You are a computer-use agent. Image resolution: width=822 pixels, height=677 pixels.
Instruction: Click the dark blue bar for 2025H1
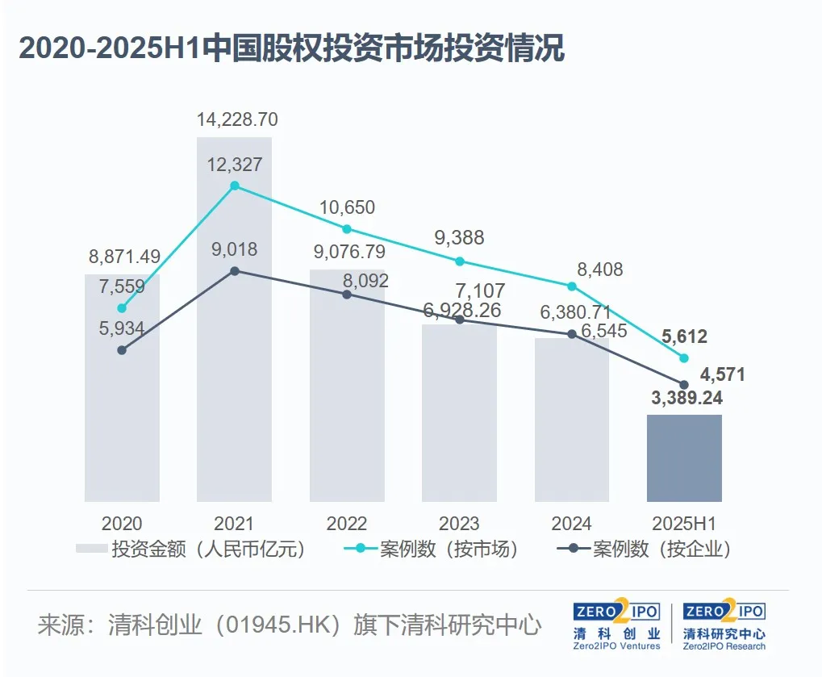(684, 458)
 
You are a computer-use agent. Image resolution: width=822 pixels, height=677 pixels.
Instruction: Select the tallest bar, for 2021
(234, 323)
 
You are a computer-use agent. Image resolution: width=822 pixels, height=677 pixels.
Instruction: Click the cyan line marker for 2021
(235, 186)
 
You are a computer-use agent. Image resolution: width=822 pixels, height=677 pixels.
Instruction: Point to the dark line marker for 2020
(122, 350)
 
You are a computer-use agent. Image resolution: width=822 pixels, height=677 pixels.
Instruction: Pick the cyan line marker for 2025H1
(684, 357)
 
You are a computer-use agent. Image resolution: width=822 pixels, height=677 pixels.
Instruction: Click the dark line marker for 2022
(347, 295)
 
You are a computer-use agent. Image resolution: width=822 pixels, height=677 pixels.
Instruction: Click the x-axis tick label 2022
(347, 523)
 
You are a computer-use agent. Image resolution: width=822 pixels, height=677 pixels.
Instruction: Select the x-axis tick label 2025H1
(684, 523)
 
